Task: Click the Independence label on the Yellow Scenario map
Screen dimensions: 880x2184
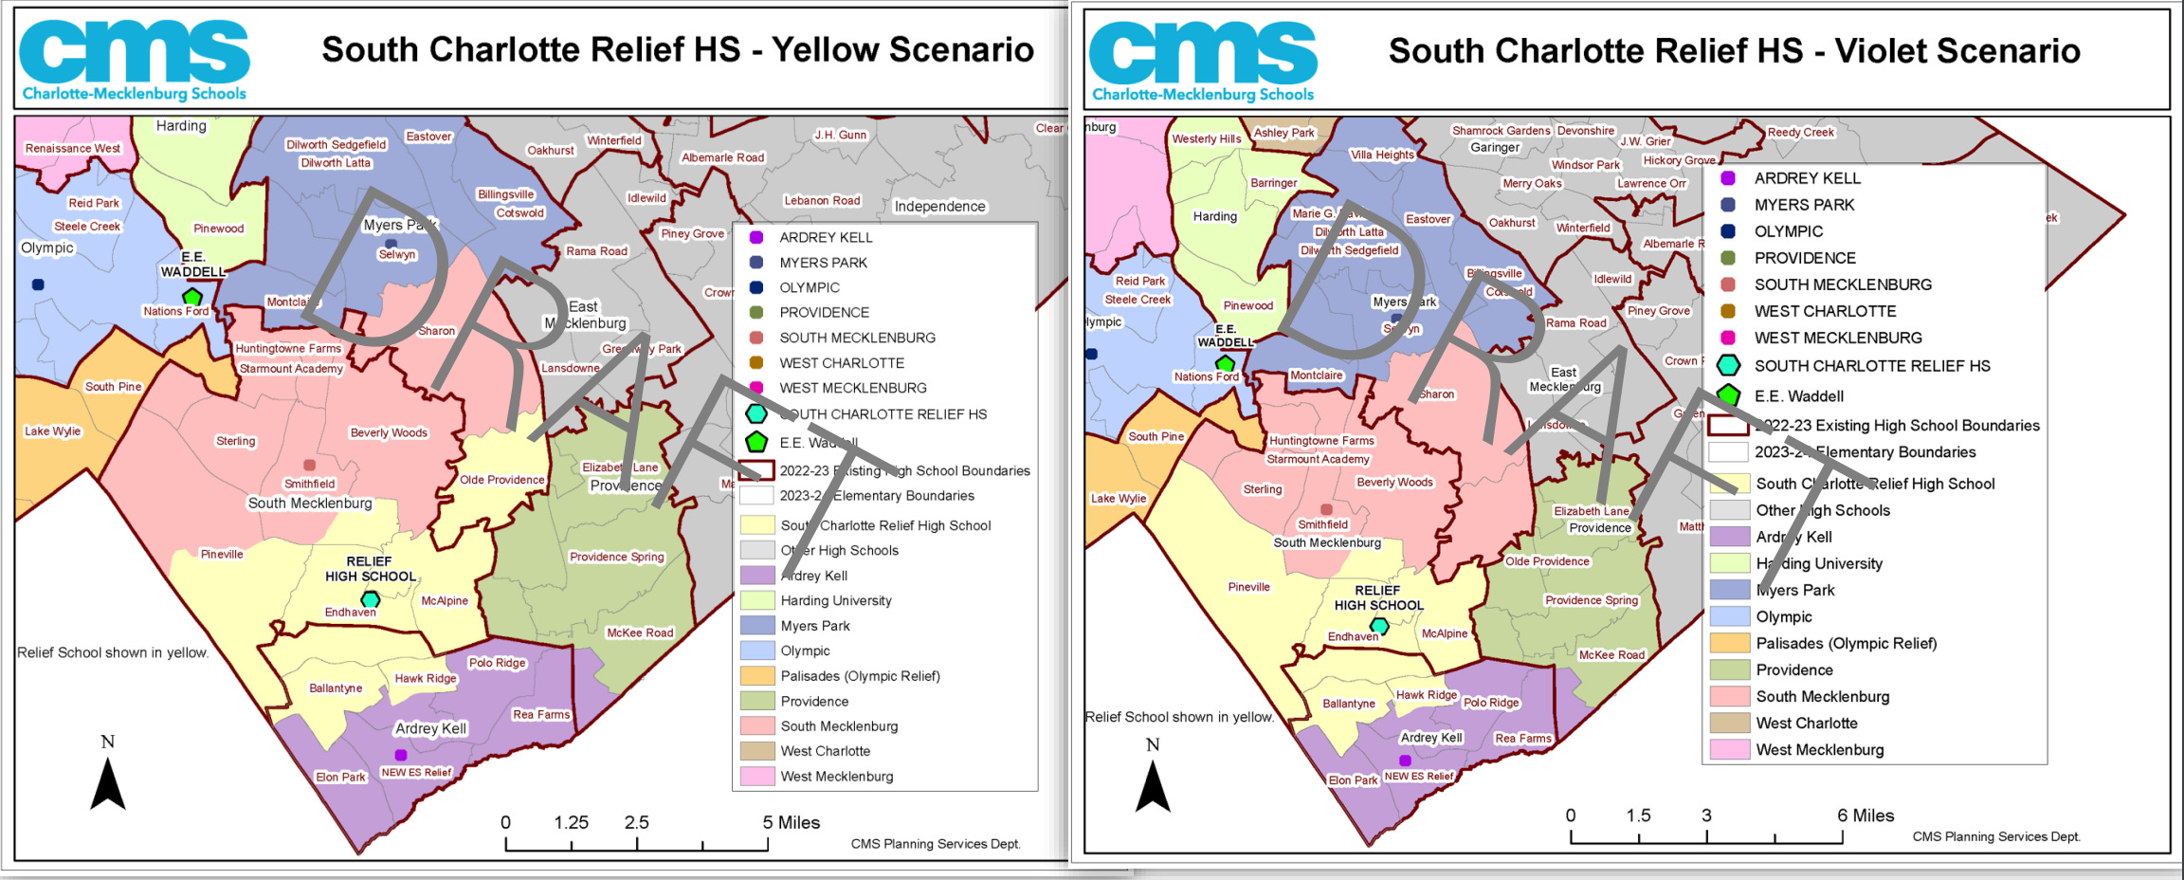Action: (939, 206)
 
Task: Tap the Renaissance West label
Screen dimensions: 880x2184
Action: (73, 148)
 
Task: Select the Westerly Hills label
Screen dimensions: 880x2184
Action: (1206, 138)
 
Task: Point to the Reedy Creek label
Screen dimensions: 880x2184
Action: (1800, 132)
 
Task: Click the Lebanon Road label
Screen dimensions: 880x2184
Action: (822, 200)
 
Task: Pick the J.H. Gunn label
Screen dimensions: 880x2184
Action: (840, 135)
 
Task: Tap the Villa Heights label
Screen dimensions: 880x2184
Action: (1381, 155)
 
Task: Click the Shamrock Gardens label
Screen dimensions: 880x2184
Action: (1501, 131)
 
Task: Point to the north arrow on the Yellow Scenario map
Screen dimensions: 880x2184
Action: (108, 782)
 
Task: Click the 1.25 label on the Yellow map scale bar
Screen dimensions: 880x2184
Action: (571, 822)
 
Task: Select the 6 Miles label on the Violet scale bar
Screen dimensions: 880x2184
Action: (1865, 816)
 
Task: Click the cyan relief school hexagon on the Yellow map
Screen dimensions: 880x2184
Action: (371, 599)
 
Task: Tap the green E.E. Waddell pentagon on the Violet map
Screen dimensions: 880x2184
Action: (1225, 363)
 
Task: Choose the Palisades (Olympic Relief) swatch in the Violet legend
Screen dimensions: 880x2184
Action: (1729, 643)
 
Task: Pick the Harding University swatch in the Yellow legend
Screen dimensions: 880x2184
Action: (757, 600)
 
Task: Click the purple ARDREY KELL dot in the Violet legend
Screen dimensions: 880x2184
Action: (1727, 178)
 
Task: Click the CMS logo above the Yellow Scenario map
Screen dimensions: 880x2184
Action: (134, 59)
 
